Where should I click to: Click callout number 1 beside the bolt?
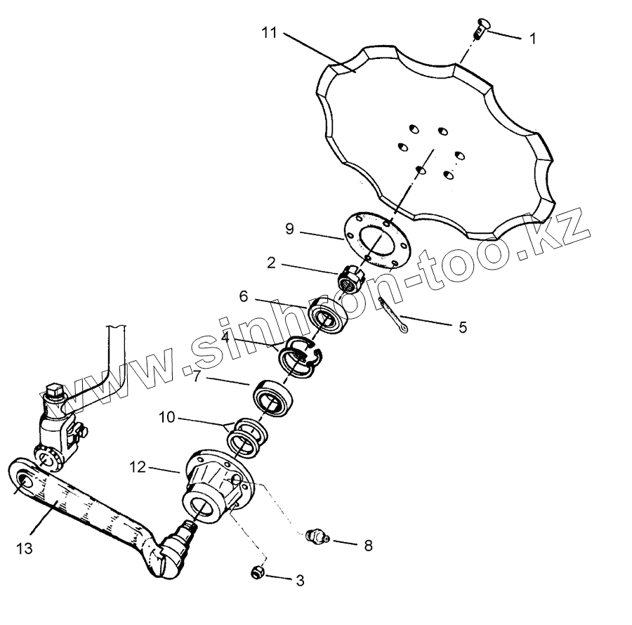tap(532, 39)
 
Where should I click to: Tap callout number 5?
tap(462, 327)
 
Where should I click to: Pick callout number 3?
tap(300, 581)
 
